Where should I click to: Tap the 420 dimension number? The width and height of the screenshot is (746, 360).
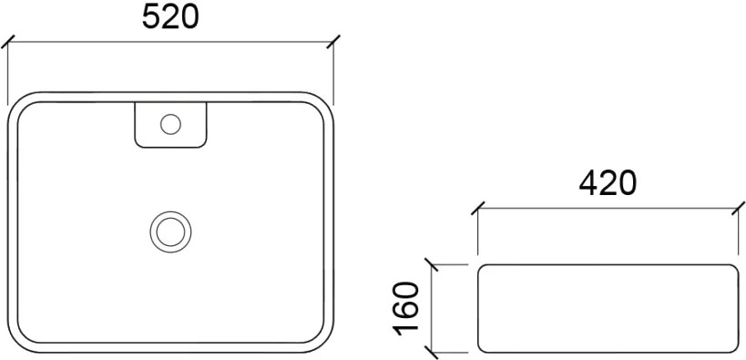click(x=608, y=183)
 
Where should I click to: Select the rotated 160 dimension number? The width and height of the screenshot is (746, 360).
click(x=405, y=309)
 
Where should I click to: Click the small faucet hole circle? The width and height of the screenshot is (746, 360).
click(x=170, y=124)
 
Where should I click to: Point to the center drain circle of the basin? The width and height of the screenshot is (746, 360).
click(x=170, y=231)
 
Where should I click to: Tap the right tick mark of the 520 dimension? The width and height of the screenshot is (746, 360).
click(x=333, y=41)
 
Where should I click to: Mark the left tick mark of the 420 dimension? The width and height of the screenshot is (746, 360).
click(x=477, y=208)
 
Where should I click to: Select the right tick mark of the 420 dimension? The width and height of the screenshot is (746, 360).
click(x=738, y=208)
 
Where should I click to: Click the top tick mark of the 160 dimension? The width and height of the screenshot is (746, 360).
click(x=431, y=265)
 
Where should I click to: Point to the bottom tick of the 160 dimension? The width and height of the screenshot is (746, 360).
click(x=431, y=353)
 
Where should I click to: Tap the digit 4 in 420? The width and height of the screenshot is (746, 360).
click(x=588, y=183)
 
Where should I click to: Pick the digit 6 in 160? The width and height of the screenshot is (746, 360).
click(x=405, y=309)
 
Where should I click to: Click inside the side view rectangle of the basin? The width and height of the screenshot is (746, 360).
click(x=608, y=309)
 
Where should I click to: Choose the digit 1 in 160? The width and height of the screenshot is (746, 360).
click(x=405, y=329)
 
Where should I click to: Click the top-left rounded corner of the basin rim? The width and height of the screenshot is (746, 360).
click(x=18, y=102)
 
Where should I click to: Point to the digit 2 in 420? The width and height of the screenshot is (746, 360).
click(x=608, y=183)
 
